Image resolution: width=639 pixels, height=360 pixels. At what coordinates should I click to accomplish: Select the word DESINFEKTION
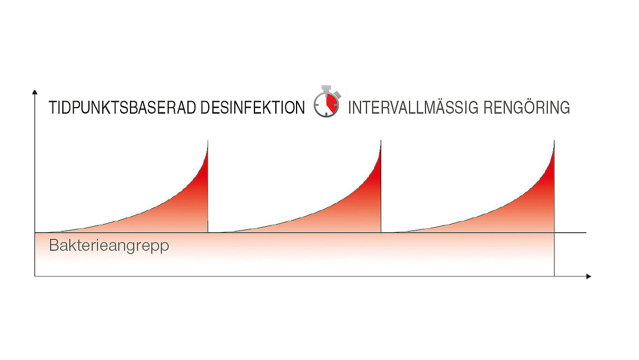click(252, 108)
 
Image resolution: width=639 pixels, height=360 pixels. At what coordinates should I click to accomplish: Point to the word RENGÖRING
click(526, 107)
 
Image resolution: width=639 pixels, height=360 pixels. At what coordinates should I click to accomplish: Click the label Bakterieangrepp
click(109, 246)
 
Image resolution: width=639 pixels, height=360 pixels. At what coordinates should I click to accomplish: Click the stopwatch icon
click(327, 102)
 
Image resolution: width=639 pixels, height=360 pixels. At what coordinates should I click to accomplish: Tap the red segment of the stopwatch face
click(332, 104)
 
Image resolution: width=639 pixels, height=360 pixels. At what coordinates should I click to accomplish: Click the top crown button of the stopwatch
click(326, 88)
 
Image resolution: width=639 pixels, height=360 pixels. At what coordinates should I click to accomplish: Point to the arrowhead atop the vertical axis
click(34, 92)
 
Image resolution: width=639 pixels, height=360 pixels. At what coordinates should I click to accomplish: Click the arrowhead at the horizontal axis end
click(588, 276)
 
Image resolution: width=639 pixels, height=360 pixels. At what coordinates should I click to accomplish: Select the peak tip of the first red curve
click(208, 141)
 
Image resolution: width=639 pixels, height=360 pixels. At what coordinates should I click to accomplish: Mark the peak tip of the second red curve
click(381, 141)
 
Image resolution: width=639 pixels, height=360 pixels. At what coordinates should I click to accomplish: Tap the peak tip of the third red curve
click(554, 141)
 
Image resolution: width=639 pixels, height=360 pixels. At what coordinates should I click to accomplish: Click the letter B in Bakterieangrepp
click(54, 245)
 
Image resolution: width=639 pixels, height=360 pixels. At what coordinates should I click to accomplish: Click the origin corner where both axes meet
click(34, 276)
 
